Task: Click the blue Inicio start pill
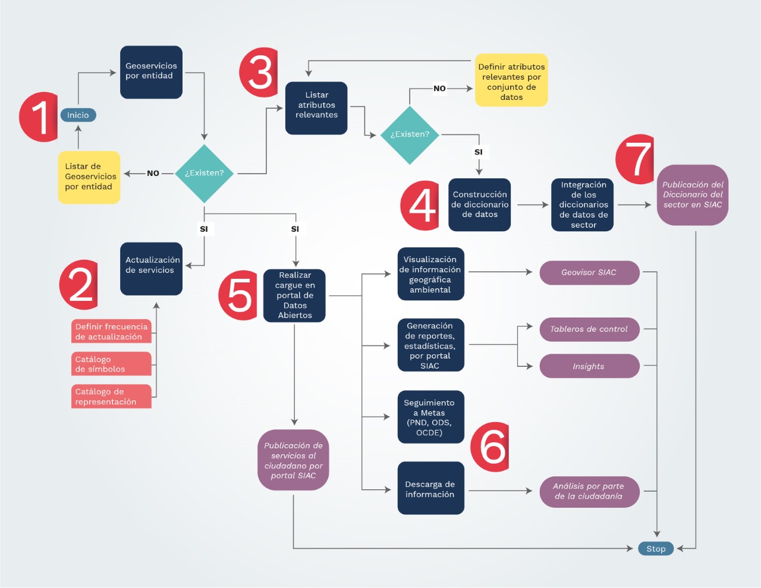coord(78,115)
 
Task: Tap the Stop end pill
coord(656,549)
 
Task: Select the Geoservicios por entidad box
coord(151,72)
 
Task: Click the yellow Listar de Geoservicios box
coord(89,177)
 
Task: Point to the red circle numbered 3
coord(259,73)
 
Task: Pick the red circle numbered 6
coord(490,447)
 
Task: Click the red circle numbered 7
coord(636,159)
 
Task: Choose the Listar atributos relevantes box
coord(316,108)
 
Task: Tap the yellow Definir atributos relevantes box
coord(511,81)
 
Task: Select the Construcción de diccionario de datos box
coord(480,205)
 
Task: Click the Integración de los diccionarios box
coord(583,205)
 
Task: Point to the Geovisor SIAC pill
coord(589,272)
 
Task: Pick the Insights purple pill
coord(589,366)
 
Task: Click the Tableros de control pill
coord(589,329)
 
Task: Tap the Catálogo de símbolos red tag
coord(112,364)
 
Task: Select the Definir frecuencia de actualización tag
coord(112,332)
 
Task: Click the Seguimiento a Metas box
coord(430,417)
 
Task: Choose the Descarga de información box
coord(430,489)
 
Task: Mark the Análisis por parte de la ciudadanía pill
coord(589,491)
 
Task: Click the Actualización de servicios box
coord(151,268)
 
